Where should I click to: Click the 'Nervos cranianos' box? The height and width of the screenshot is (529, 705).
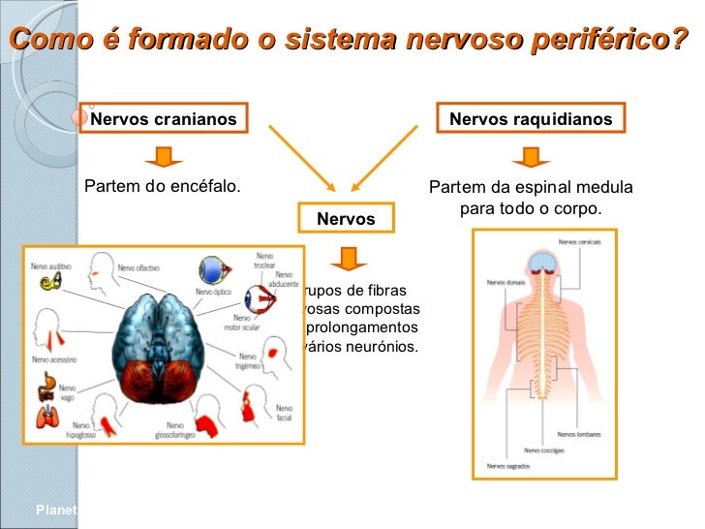pos(164,119)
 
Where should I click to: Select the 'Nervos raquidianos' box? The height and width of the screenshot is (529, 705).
pos(531,119)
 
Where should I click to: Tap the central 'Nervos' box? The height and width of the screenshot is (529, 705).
pos(346,219)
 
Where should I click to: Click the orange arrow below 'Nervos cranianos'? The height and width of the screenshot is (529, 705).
pos(164,156)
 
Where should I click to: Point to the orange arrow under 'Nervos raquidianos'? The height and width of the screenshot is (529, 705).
pos(531,156)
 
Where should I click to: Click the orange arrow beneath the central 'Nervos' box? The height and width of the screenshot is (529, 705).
pos(346,258)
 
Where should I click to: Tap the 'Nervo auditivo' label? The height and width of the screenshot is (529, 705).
pos(49,264)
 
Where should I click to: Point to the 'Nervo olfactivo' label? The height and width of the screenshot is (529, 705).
pos(138,267)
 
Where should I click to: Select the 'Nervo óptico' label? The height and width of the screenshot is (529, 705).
pos(213,291)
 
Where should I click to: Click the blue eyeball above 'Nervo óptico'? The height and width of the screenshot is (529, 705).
pos(213,269)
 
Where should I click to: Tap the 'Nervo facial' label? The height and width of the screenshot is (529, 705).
pos(283,413)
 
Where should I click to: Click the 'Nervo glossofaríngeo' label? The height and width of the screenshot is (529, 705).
pos(174,430)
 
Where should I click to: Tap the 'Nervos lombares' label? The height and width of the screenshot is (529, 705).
pos(579,435)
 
